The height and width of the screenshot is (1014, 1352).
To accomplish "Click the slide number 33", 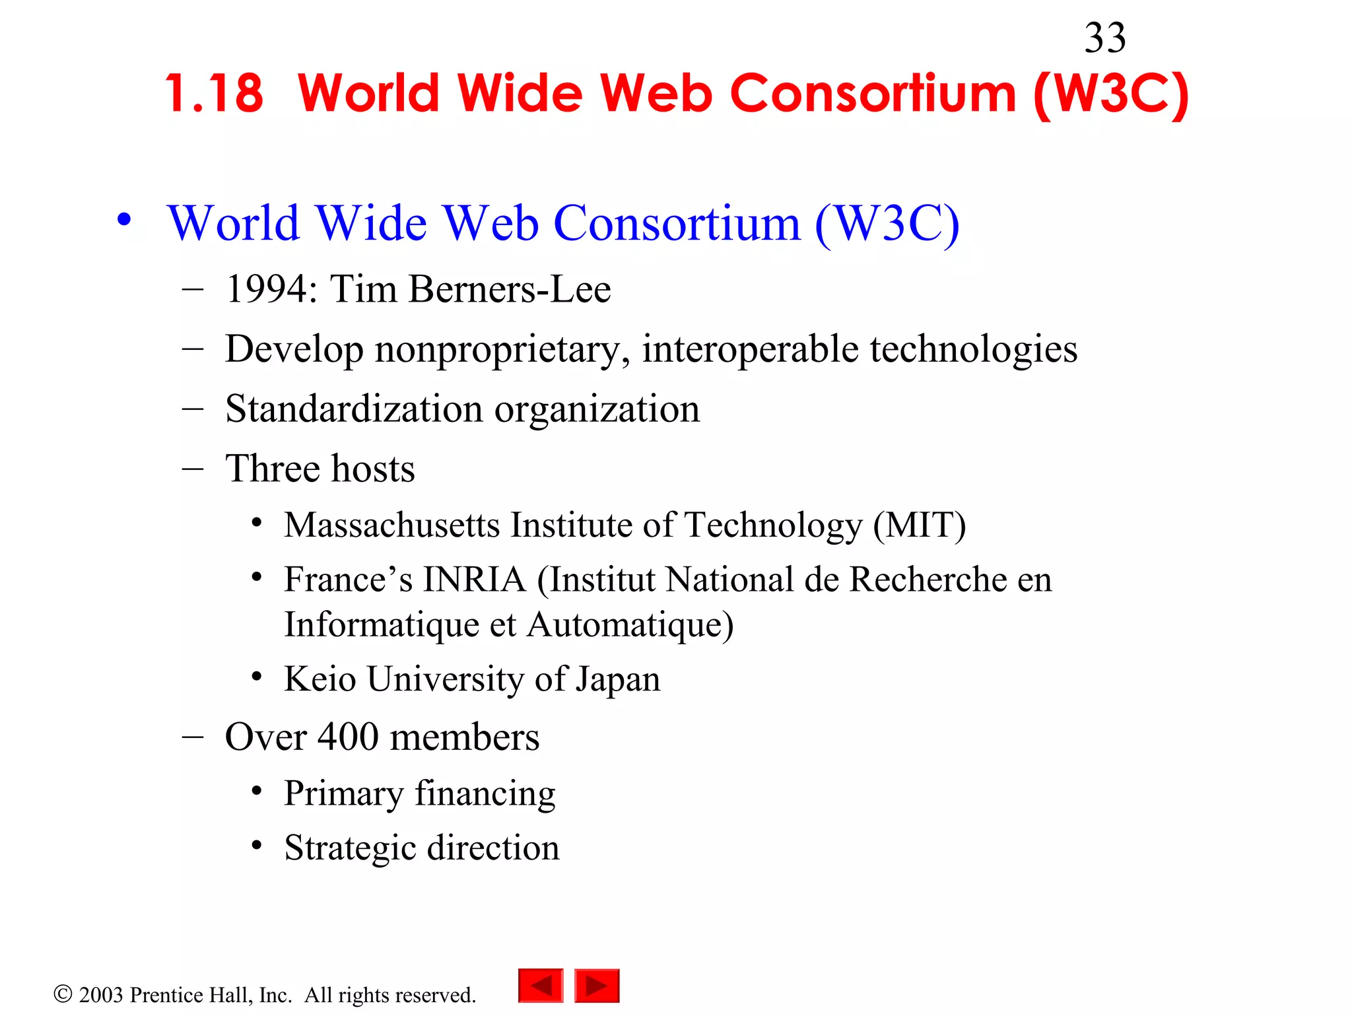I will pyautogui.click(x=1104, y=38).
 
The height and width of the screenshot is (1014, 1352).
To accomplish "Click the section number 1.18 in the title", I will pyautogui.click(x=214, y=94).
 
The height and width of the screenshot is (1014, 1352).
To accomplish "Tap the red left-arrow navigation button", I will pyautogui.click(x=541, y=986).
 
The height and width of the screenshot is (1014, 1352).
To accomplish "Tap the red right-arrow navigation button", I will pyautogui.click(x=597, y=986).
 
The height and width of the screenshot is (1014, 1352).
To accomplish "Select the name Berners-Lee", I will pyautogui.click(x=509, y=289).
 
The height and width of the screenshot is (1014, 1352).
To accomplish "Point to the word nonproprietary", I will pyautogui.click(x=502, y=350).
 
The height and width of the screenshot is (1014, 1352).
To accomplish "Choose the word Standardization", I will pyautogui.click(x=354, y=409).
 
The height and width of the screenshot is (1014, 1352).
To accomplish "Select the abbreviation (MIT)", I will pyautogui.click(x=919, y=525).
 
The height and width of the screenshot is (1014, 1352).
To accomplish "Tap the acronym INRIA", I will pyautogui.click(x=474, y=580).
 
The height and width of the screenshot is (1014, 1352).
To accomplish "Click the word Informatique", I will pyautogui.click(x=381, y=625).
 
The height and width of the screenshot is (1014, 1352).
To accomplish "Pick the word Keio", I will pyautogui.click(x=320, y=679).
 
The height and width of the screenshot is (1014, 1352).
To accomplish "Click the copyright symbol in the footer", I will pyautogui.click(x=63, y=994).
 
